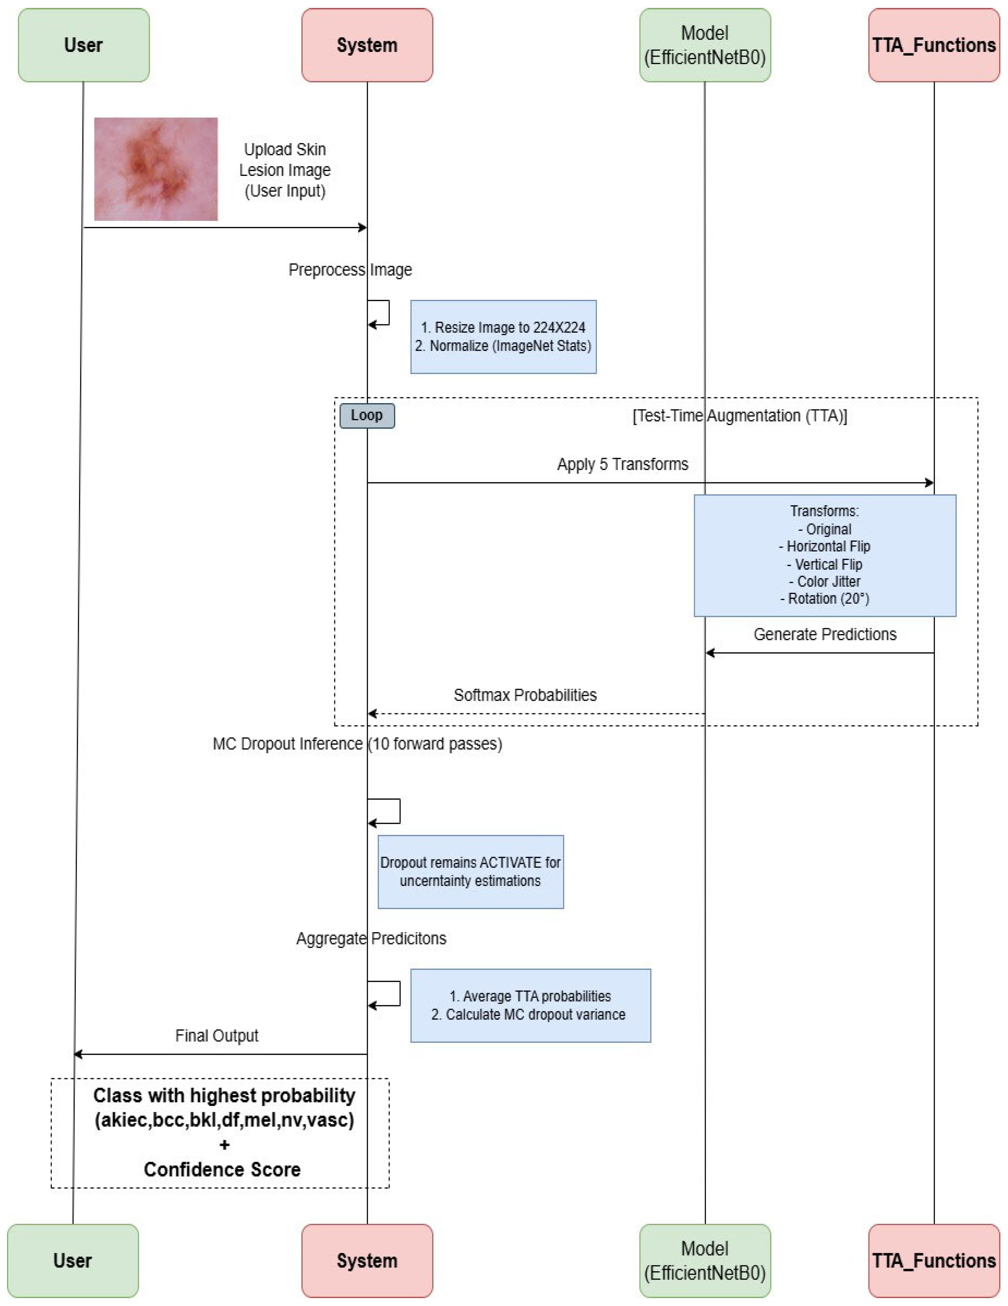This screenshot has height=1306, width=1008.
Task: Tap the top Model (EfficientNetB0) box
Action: click(x=705, y=45)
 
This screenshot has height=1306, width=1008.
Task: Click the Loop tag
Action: click(x=367, y=415)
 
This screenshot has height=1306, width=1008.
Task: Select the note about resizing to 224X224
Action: click(x=503, y=337)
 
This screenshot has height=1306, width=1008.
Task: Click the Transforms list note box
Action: click(x=824, y=555)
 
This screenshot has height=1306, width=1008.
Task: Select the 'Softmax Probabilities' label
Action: click(x=525, y=695)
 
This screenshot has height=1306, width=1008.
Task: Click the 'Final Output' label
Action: click(x=216, y=1035)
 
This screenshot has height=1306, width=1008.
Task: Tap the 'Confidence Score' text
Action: click(x=222, y=1169)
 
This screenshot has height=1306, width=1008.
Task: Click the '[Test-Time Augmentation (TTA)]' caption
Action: click(x=739, y=416)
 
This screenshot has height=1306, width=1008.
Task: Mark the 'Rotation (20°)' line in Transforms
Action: click(x=824, y=599)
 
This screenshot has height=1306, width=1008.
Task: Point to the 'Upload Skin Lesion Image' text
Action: click(x=285, y=160)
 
